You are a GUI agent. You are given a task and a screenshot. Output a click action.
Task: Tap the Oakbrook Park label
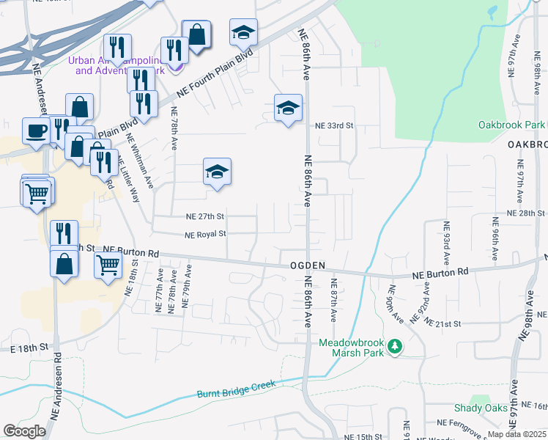click(x=512, y=125)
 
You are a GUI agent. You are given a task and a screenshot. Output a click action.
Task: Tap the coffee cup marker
click(x=37, y=131)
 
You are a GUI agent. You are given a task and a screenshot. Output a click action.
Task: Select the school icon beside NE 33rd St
click(x=288, y=109)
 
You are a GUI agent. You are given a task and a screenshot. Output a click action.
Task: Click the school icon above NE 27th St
click(x=217, y=172)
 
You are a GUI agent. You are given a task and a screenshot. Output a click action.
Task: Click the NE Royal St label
click(x=206, y=235)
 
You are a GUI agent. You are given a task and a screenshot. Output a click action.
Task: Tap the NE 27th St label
click(x=204, y=217)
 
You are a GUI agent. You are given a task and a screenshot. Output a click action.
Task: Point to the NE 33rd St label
click(x=334, y=126)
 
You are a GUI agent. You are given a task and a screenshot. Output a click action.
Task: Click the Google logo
click(x=23, y=431)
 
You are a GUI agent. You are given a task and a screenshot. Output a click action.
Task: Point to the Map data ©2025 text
click(x=516, y=434)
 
